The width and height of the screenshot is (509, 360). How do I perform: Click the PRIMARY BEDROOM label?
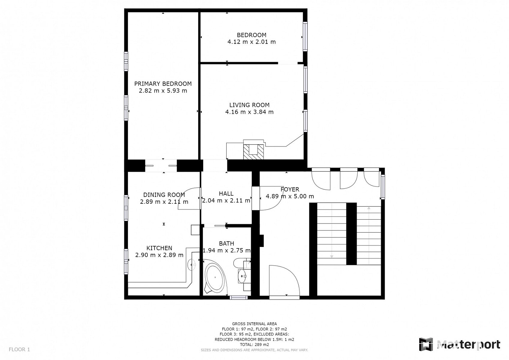click(163, 84)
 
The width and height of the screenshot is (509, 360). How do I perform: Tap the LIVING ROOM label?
click(249, 105)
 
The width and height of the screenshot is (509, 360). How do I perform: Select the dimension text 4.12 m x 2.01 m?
click(251, 42)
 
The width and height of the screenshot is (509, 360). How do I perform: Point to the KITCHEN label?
click(159, 248)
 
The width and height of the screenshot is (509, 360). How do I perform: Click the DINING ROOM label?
click(164, 195)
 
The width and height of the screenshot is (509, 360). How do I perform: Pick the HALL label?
click(226, 194)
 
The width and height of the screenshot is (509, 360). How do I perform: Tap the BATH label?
click(227, 243)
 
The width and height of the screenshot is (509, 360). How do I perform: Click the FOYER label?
click(290, 189)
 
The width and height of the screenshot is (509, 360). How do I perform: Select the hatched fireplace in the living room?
click(253, 152)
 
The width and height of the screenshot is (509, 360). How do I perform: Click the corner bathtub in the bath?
click(215, 279)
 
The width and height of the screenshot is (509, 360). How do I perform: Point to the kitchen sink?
click(192, 265)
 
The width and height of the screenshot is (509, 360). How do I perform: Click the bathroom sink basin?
click(242, 276)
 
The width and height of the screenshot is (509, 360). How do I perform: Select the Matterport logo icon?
click(426, 344)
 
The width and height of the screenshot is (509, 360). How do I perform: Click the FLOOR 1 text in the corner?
click(19, 349)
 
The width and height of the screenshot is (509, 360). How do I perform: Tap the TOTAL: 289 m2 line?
click(254, 345)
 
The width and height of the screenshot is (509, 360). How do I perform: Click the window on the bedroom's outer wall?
click(305, 36)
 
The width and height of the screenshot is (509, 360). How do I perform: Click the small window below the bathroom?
click(238, 297)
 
